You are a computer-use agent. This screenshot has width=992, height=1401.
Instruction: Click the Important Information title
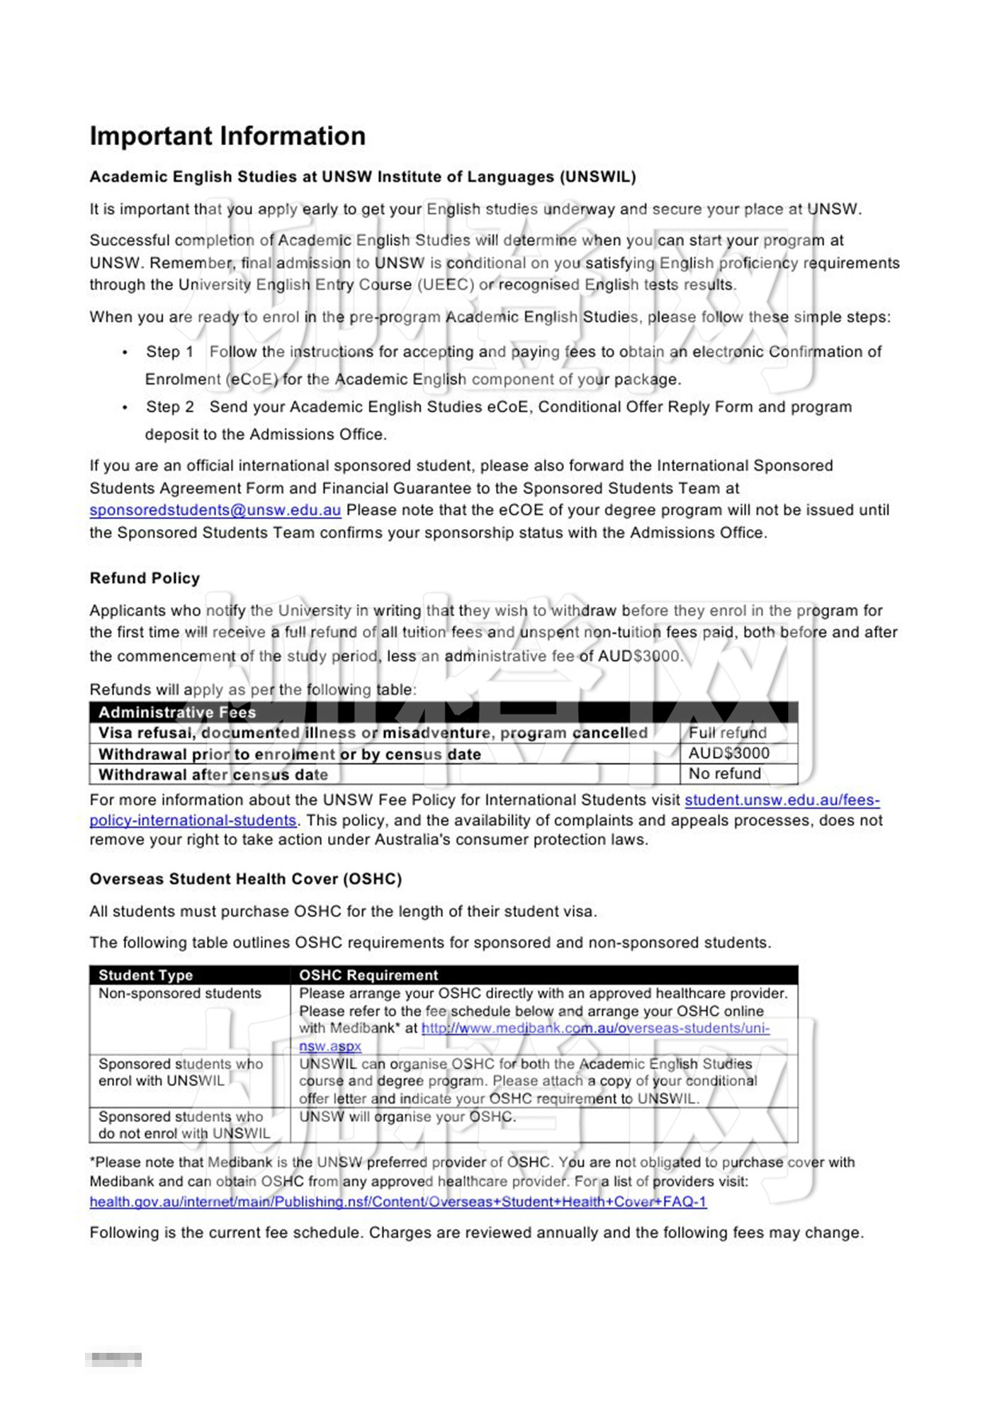(x=227, y=136)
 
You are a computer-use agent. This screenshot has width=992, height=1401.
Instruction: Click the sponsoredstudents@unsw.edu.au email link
(x=215, y=510)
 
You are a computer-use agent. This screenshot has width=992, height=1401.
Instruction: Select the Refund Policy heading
(x=145, y=578)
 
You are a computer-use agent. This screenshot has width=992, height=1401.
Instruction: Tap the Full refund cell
(x=728, y=732)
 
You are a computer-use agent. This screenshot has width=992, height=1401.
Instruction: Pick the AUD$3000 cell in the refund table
(x=728, y=753)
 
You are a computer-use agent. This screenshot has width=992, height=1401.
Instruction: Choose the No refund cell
(x=724, y=773)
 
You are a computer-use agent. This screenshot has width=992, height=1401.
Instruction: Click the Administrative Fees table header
(x=177, y=712)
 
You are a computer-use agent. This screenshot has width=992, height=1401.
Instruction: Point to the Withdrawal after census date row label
(x=213, y=774)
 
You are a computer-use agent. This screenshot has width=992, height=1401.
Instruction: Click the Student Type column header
(x=145, y=975)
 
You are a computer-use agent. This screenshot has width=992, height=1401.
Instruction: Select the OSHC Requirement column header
(x=368, y=975)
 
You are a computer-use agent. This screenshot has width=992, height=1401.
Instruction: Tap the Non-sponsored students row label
(x=180, y=994)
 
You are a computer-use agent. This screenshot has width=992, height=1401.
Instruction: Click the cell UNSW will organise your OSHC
(x=407, y=1117)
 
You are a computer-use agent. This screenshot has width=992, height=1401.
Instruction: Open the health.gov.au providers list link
(x=398, y=1201)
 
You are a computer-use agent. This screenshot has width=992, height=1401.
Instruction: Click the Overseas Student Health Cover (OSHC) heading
(x=245, y=879)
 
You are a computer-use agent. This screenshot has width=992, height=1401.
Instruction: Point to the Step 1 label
(x=169, y=352)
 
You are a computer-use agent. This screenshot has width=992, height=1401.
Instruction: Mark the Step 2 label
(x=169, y=407)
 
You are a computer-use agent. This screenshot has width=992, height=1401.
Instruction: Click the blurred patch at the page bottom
(x=113, y=1359)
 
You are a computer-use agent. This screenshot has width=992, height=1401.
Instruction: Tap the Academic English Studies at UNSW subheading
(x=362, y=177)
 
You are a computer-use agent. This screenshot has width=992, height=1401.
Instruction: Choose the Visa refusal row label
(x=373, y=733)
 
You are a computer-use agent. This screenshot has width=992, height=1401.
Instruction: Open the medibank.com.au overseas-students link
(x=595, y=1028)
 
